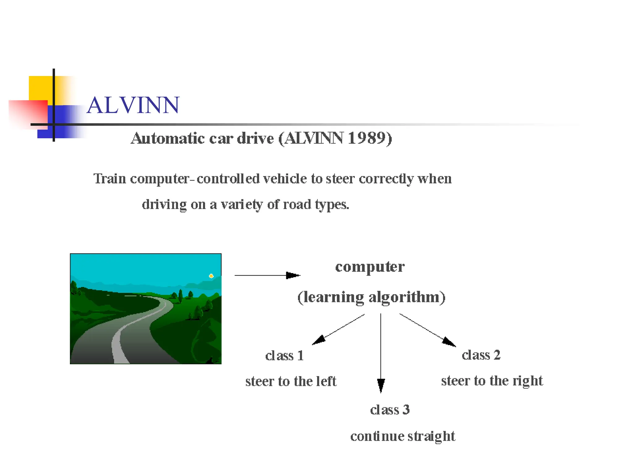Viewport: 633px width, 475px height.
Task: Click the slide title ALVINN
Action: click(133, 105)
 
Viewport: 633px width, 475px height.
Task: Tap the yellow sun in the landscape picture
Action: click(211, 276)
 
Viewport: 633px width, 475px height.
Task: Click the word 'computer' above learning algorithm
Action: click(370, 267)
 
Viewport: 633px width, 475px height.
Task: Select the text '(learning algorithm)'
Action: click(371, 297)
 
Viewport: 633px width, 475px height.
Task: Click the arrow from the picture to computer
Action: click(267, 275)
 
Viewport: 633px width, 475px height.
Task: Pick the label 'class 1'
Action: click(284, 356)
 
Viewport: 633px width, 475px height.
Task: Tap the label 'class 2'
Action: click(481, 355)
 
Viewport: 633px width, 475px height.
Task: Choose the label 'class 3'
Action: click(390, 410)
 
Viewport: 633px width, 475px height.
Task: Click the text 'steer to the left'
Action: click(291, 381)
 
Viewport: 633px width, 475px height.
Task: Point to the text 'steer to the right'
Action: click(492, 381)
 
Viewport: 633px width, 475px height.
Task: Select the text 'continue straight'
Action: click(402, 436)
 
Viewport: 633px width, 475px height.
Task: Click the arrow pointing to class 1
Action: click(338, 329)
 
